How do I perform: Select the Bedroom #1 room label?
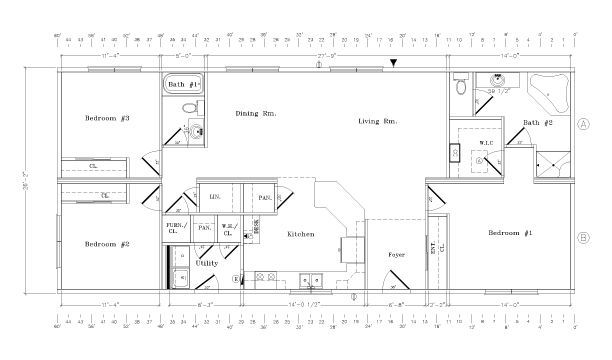[510, 233]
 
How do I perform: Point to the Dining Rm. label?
[255, 114]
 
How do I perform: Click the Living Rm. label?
[378, 122]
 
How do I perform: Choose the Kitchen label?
[301, 234]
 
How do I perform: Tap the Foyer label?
[395, 255]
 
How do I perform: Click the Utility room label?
[207, 263]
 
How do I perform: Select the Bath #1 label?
[183, 85]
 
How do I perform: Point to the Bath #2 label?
[538, 123]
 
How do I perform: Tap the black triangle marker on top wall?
[395, 63]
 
